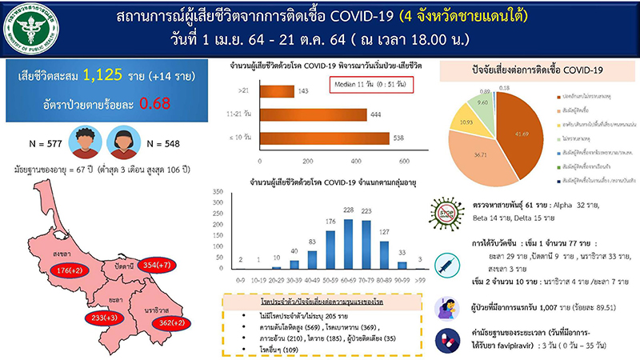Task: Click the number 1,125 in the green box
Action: coord(112,76)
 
